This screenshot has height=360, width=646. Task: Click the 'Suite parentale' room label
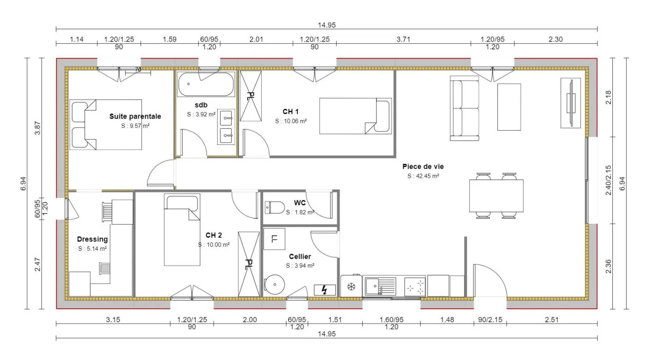tap(135, 116)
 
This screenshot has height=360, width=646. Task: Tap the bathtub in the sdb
tap(206, 84)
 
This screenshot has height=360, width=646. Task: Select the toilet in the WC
tap(275, 207)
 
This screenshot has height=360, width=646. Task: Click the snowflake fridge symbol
tap(351, 287)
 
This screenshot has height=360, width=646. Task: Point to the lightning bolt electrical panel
tap(325, 290)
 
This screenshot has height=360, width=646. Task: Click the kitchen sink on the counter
tap(380, 286)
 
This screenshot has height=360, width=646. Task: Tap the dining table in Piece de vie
tap(496, 196)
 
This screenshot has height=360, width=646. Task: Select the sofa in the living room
tap(464, 108)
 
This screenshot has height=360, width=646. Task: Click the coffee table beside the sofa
tap(509, 107)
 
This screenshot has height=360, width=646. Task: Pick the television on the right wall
tap(571, 103)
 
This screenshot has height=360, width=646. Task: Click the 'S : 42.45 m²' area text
tap(423, 176)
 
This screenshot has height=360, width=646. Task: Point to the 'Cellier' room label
tap(300, 257)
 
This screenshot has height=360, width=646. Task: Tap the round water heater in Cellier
tap(275, 284)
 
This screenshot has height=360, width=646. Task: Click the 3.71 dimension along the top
tap(403, 39)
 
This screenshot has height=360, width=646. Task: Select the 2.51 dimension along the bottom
tap(552, 319)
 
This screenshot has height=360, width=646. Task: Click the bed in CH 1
tap(355, 116)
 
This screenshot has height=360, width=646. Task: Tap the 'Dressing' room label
tap(92, 239)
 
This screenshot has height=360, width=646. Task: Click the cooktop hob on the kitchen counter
tap(415, 287)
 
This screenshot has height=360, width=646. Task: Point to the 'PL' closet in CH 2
tap(249, 264)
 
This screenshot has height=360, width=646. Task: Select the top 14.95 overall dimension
tap(327, 25)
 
